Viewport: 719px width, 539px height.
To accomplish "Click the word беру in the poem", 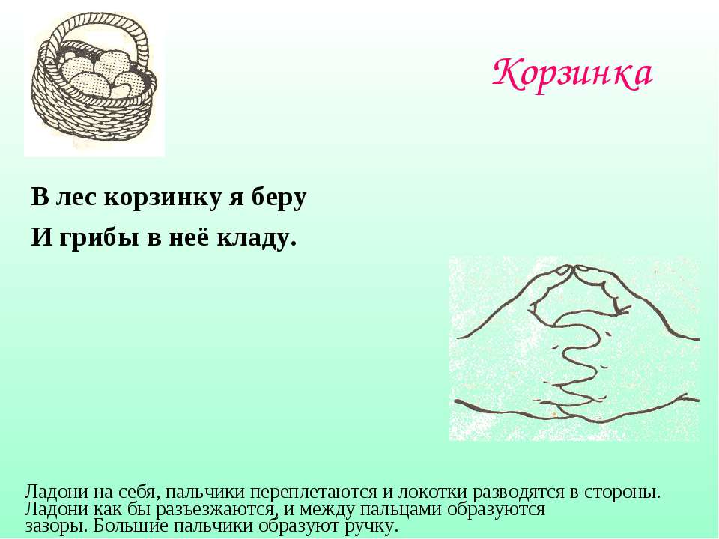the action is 279,198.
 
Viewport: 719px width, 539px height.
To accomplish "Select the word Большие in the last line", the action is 130,525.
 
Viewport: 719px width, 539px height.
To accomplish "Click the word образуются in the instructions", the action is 496,509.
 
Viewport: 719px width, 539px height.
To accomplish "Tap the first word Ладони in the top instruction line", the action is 56,492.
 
